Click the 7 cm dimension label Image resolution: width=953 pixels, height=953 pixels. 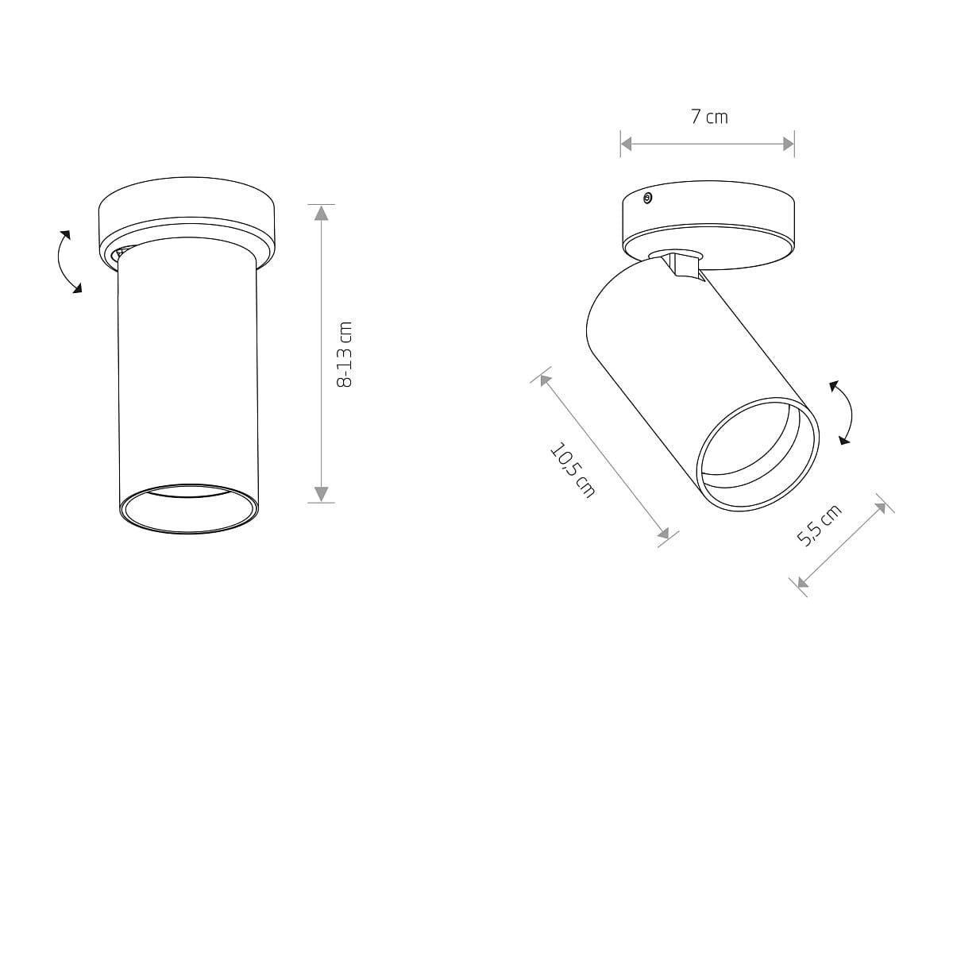[x=709, y=118]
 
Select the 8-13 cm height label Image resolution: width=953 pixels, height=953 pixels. [x=344, y=354]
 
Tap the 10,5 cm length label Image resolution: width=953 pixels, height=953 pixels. [x=573, y=470]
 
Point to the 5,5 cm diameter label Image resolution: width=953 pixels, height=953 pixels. [x=819, y=525]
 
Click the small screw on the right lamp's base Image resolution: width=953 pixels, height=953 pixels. [x=647, y=199]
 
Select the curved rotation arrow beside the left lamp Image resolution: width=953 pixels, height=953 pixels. [x=67, y=261]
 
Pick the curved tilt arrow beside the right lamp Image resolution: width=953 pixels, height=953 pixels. [x=843, y=412]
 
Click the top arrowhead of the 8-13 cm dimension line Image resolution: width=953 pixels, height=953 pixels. [x=322, y=213]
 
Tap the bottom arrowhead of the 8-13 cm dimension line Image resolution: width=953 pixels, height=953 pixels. [x=322, y=493]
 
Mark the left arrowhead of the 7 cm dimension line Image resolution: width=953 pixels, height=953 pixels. [x=627, y=144]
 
